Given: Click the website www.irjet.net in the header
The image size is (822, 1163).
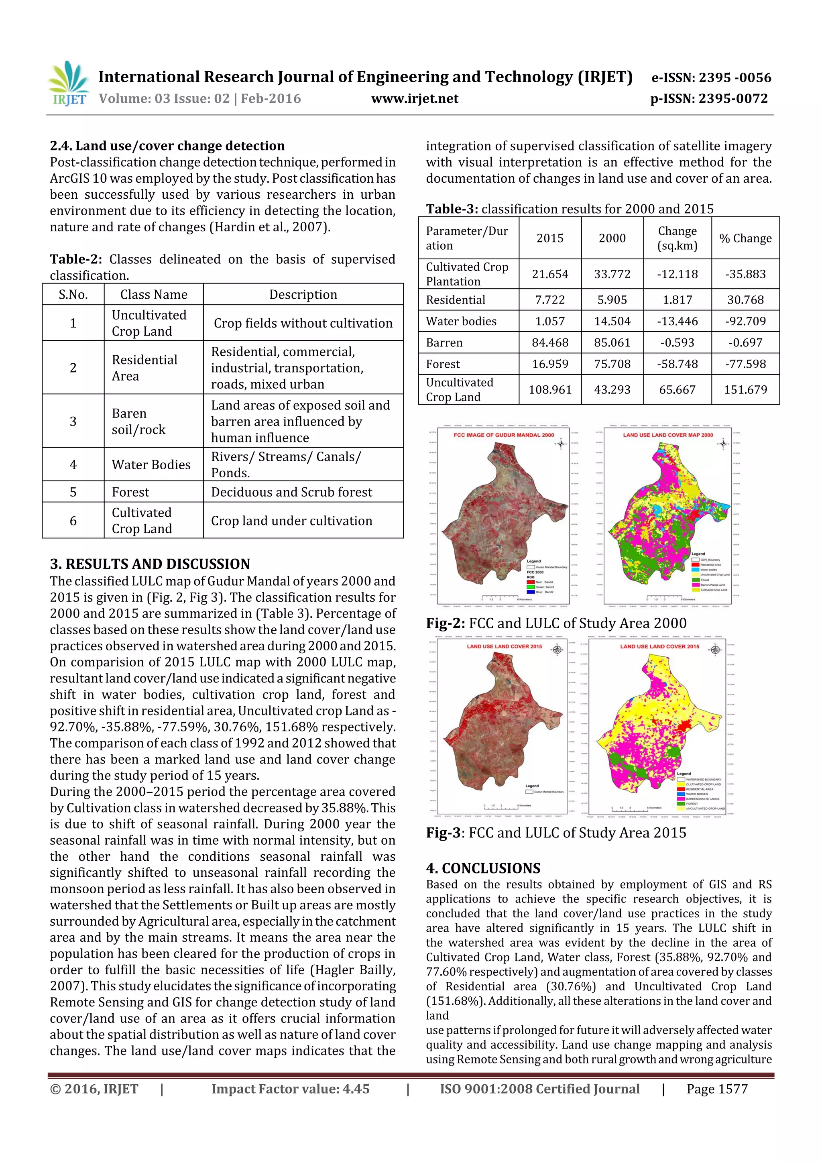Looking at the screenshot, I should pos(414,99).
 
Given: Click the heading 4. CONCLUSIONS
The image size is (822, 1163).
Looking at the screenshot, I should pos(483,868).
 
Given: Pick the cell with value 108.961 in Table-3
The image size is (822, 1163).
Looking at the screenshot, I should pos(549,389).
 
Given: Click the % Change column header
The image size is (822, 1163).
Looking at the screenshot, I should pos(745,238).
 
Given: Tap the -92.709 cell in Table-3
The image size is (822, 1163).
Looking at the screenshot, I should pos(745,321).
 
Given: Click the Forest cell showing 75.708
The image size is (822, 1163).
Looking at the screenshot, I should pos(612,364).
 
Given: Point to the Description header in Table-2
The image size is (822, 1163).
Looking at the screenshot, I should pos(303,294).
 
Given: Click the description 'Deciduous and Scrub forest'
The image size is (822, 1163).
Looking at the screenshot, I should pos(291,492).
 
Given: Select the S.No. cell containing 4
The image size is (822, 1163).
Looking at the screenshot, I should pos(73,464).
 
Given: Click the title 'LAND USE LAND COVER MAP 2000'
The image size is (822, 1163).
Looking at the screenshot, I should pos(667,435).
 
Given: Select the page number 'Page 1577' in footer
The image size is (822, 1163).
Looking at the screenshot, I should pos(717,1089).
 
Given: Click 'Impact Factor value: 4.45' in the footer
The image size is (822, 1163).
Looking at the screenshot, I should pos(290,1089).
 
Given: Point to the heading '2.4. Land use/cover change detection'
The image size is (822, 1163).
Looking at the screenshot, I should pos(167,146).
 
